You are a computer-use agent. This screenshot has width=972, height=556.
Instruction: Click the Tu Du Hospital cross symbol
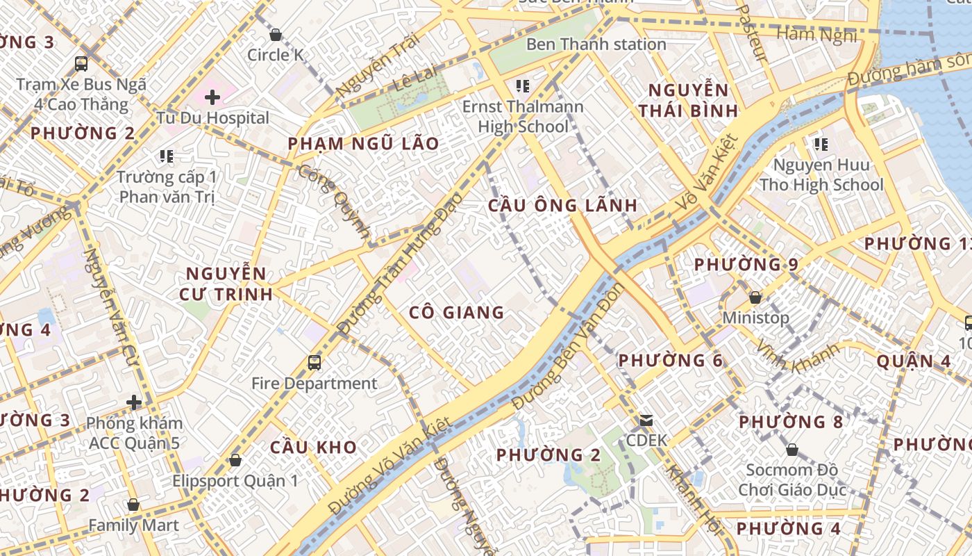click(212, 97)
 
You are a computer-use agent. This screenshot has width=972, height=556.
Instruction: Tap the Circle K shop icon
click(276, 34)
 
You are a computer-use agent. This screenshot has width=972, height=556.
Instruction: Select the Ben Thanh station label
click(596, 44)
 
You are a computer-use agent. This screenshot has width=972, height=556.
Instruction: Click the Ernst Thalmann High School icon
click(523, 86)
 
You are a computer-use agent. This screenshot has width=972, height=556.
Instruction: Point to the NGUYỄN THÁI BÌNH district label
click(688, 100)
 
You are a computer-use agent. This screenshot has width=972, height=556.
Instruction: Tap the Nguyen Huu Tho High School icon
click(821, 145)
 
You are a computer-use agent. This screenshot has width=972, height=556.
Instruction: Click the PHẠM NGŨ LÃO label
click(363, 144)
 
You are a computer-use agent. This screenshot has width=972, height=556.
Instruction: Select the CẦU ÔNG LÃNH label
click(562, 205)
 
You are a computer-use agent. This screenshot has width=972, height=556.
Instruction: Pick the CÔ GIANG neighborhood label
click(456, 313)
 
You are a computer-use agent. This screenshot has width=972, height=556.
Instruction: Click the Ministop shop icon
click(755, 297)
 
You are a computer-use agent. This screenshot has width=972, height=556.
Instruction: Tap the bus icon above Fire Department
click(315, 362)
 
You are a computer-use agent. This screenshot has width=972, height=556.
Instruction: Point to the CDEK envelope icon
click(646, 420)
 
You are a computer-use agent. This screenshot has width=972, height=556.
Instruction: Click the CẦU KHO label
click(313, 447)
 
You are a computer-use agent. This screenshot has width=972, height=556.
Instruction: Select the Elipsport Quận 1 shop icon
click(235, 460)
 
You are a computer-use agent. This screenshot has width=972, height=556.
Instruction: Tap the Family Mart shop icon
click(133, 505)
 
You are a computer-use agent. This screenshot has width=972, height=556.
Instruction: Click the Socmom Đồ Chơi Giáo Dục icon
click(791, 450)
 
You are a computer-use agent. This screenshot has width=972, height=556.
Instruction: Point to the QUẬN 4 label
click(913, 361)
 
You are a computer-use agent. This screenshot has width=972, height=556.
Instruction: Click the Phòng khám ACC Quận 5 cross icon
click(134, 402)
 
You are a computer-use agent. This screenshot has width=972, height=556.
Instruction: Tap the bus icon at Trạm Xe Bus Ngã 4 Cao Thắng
click(81, 64)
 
